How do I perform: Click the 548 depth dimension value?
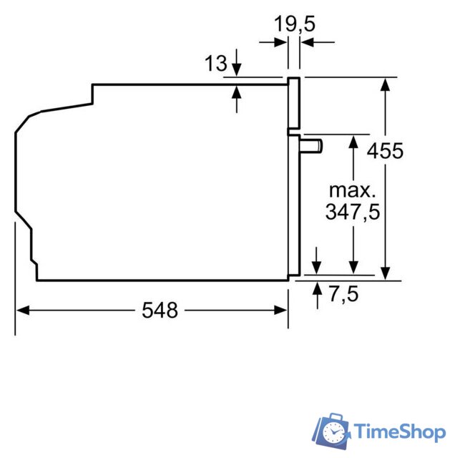click(x=160, y=310)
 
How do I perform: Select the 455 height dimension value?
click(x=385, y=151)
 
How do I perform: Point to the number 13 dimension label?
click(x=215, y=63)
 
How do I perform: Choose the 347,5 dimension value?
click(x=352, y=212)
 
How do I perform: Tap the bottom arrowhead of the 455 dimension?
click(x=386, y=273)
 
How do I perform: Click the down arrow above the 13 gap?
click(x=238, y=71)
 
